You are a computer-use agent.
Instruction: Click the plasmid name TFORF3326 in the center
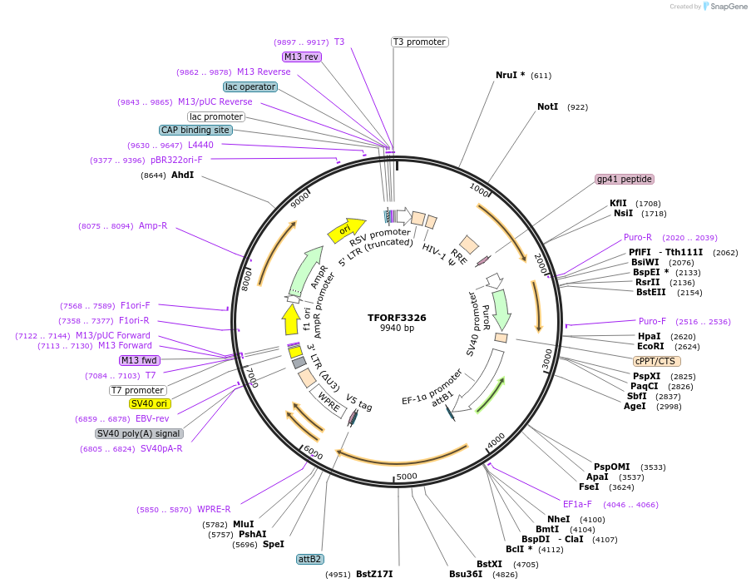tap(397, 318)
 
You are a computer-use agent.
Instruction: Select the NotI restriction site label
tap(547, 107)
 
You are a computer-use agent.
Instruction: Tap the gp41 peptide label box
tap(625, 179)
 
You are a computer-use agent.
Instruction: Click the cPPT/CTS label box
tap(656, 361)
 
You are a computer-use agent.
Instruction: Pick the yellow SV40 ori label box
tap(150, 404)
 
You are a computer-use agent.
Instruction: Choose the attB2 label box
tap(310, 559)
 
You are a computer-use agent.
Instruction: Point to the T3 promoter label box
tap(420, 42)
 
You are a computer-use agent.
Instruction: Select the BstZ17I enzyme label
tap(374, 574)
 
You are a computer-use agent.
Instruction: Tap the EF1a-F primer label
tap(577, 504)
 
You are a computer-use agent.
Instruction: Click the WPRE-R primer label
tap(214, 509)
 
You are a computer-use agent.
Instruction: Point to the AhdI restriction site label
tap(182, 175)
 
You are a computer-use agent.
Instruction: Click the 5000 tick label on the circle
tap(407, 477)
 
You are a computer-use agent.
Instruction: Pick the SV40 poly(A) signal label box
tap(139, 433)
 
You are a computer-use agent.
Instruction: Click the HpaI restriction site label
tap(650, 336)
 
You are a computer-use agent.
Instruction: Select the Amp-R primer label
tap(153, 225)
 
